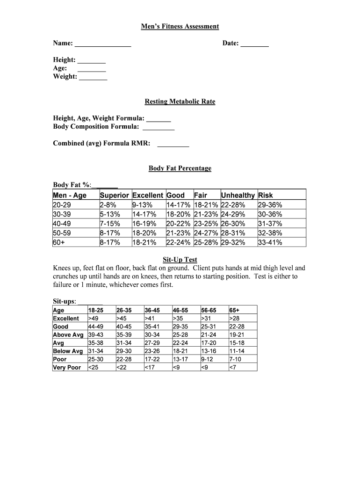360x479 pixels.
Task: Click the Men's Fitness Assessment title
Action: tap(180, 27)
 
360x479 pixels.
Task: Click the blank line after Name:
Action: tap(103, 44)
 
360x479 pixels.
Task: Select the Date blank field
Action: tap(255, 44)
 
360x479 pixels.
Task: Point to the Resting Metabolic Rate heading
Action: tap(180, 102)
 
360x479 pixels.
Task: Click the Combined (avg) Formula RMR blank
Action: tap(173, 144)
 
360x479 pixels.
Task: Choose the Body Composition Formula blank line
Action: tap(158, 127)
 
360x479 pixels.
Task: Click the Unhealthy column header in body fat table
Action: tap(238, 195)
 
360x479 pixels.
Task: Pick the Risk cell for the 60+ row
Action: tap(270, 242)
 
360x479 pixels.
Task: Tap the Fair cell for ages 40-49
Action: tap(206, 224)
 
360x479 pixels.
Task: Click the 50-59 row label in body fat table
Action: tap(62, 233)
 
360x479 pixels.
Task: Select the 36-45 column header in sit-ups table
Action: tap(152, 310)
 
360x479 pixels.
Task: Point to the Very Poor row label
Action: tap(67, 368)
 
